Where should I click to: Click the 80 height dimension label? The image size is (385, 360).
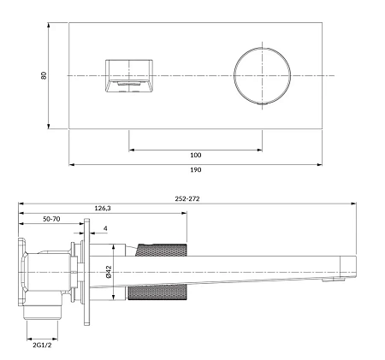(x=44, y=74)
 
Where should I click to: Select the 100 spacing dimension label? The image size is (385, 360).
(x=195, y=155)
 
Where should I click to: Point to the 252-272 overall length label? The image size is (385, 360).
(x=188, y=198)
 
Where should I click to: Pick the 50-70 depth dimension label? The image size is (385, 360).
(x=52, y=219)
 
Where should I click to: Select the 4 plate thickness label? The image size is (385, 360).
(x=104, y=228)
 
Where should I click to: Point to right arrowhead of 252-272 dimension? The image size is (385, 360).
(x=353, y=204)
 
